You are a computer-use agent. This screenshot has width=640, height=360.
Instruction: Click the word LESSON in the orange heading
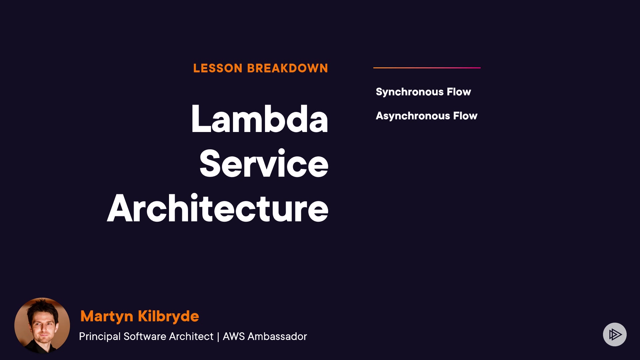(x=218, y=68)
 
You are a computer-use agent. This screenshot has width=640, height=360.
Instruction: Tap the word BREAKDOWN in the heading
(x=288, y=68)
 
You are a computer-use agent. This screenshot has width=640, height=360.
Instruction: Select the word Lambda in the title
(x=260, y=119)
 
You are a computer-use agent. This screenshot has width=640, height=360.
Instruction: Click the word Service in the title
(x=264, y=163)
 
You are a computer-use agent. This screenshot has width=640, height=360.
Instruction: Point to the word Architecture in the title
(x=218, y=208)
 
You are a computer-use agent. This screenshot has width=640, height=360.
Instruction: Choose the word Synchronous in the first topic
(x=410, y=92)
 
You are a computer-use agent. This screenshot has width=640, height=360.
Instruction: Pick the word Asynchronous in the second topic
(x=413, y=116)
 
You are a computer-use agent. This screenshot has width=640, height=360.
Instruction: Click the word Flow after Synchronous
(x=459, y=92)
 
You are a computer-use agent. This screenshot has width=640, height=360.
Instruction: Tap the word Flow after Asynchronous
(x=465, y=116)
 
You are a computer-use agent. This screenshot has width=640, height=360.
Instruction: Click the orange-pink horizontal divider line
(x=427, y=68)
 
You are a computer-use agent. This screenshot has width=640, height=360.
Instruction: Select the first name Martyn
(x=107, y=316)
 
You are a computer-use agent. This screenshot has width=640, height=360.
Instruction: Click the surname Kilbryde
(x=168, y=316)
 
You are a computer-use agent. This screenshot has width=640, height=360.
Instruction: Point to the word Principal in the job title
(x=100, y=337)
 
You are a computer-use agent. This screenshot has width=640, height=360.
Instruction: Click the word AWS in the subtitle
(x=234, y=336)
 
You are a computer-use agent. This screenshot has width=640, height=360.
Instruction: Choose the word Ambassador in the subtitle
(x=277, y=336)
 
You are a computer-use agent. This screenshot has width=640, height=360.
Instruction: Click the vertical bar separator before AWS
(x=218, y=337)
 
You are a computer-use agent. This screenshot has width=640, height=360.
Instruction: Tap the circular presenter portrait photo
(x=42, y=325)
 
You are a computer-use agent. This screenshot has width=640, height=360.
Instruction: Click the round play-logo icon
(x=615, y=334)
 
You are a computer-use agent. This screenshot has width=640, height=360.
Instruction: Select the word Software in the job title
(x=145, y=336)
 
